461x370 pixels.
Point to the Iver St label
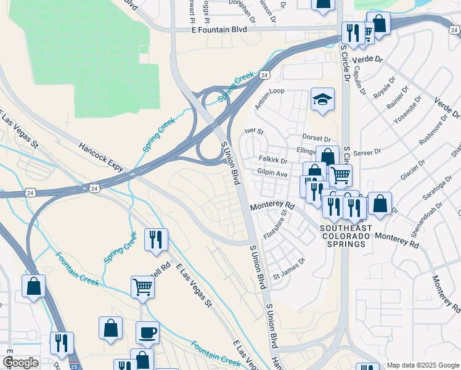tap(254, 131)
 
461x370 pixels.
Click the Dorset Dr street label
tap(316, 139)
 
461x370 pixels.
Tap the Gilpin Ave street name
tap(272, 175)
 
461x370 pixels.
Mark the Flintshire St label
tap(284, 225)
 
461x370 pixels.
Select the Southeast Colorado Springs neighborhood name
tap(346, 236)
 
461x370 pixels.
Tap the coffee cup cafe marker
tap(147, 332)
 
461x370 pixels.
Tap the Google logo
tap(20, 363)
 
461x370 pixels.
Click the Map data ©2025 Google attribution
tap(422, 365)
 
